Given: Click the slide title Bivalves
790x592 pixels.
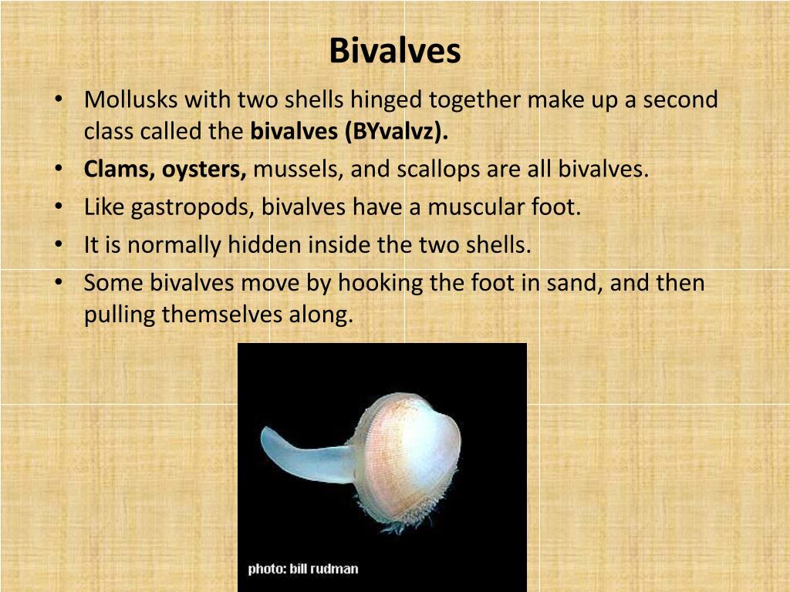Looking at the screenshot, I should tap(394, 52).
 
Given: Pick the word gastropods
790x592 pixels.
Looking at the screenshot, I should tap(194, 207).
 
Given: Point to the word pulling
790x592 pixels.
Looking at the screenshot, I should tap(120, 315).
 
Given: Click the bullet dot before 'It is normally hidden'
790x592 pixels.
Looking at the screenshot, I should tap(59, 245).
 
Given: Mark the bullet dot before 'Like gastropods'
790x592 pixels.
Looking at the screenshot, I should tap(59, 207).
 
